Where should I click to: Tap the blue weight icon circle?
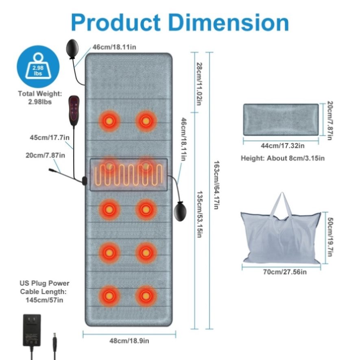click(38, 67)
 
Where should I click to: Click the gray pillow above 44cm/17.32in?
click(281, 119)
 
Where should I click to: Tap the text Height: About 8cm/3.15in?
click(282, 158)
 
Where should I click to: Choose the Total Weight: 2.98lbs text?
click(40, 98)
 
